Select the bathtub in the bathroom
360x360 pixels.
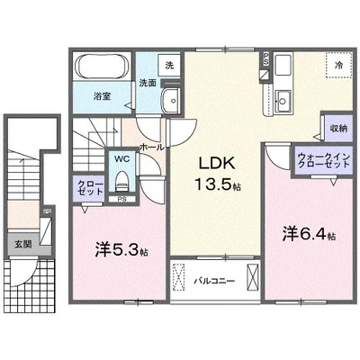(x=100, y=68)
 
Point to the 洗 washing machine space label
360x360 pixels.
(x=167, y=65)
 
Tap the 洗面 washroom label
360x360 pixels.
(x=148, y=84)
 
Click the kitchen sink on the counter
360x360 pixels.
(x=283, y=97)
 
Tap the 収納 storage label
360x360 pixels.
(x=337, y=130)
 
